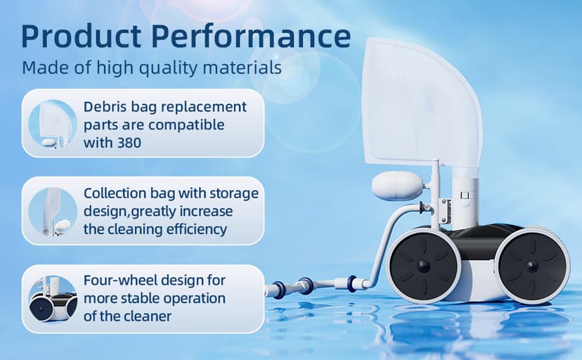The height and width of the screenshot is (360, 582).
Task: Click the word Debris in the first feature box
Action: click(x=105, y=107)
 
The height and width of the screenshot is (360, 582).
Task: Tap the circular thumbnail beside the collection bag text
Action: click(x=53, y=211)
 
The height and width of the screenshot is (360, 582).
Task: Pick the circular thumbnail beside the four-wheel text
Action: click(x=53, y=298)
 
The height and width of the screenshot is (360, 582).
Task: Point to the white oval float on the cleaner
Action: click(x=396, y=186)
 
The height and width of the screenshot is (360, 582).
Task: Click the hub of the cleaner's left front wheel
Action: click(x=424, y=266)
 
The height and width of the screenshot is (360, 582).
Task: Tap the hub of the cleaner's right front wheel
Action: click(x=532, y=266)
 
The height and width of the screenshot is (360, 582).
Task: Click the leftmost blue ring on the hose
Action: click(x=278, y=290)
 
